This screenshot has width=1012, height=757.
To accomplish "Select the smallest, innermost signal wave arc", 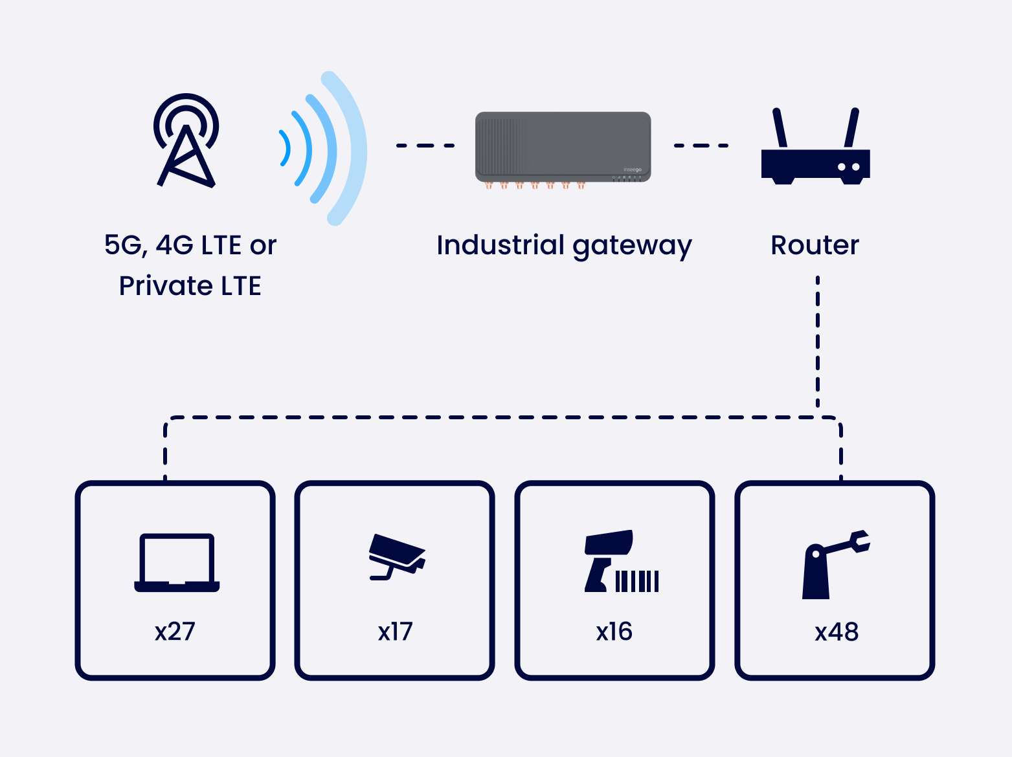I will tap(285, 148).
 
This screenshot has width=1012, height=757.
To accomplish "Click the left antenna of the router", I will tap(780, 128).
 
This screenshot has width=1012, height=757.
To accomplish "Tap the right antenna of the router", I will tap(851, 128).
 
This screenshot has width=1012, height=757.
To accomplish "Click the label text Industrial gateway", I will tap(564, 246).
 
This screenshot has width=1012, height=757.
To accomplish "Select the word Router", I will tap(815, 245).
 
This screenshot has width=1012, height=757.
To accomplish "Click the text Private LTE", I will tap(190, 286).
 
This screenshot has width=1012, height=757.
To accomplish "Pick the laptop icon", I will tap(177, 562).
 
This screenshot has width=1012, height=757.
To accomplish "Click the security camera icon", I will tap(396, 556).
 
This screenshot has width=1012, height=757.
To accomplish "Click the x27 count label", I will tap(175, 631).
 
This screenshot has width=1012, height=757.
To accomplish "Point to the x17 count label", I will tap(395, 631).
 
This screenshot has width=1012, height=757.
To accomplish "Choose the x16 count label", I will tap(614, 631).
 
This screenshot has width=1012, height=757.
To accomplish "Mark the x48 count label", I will tap(837, 631).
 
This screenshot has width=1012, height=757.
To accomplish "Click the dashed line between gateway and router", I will tap(702, 146).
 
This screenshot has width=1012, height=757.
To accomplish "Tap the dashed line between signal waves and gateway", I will tap(425, 146).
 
